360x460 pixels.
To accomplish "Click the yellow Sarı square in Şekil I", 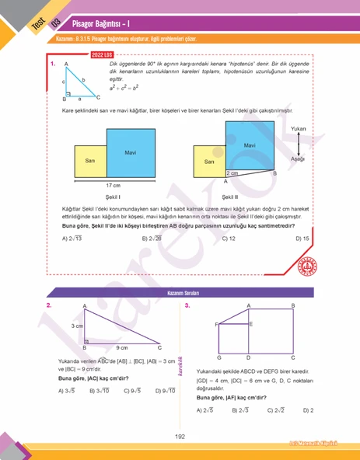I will pos(90,161).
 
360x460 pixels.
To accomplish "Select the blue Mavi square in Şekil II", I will pos(250,146).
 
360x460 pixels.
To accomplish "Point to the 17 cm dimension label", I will pos(114,186).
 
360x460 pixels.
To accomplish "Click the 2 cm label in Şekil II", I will pos(232,172).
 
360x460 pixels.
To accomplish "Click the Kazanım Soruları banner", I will pos(180,294).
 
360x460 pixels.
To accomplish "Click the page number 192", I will pos(180,437).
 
